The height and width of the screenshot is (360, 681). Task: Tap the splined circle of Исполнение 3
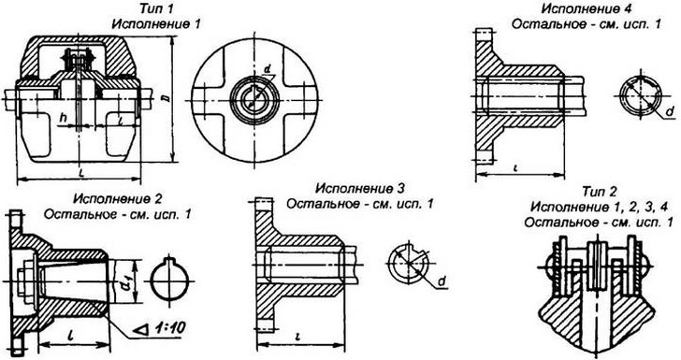[408, 261]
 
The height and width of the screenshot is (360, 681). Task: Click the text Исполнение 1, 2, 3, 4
[600, 207]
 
